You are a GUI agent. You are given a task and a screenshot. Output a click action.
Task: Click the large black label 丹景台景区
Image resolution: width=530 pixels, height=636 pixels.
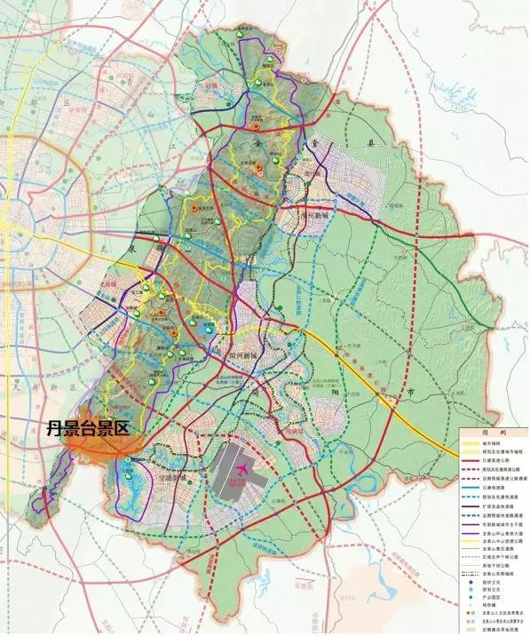[88, 428]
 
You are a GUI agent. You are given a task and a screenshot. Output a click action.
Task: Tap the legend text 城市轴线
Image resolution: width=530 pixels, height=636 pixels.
[498, 442]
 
